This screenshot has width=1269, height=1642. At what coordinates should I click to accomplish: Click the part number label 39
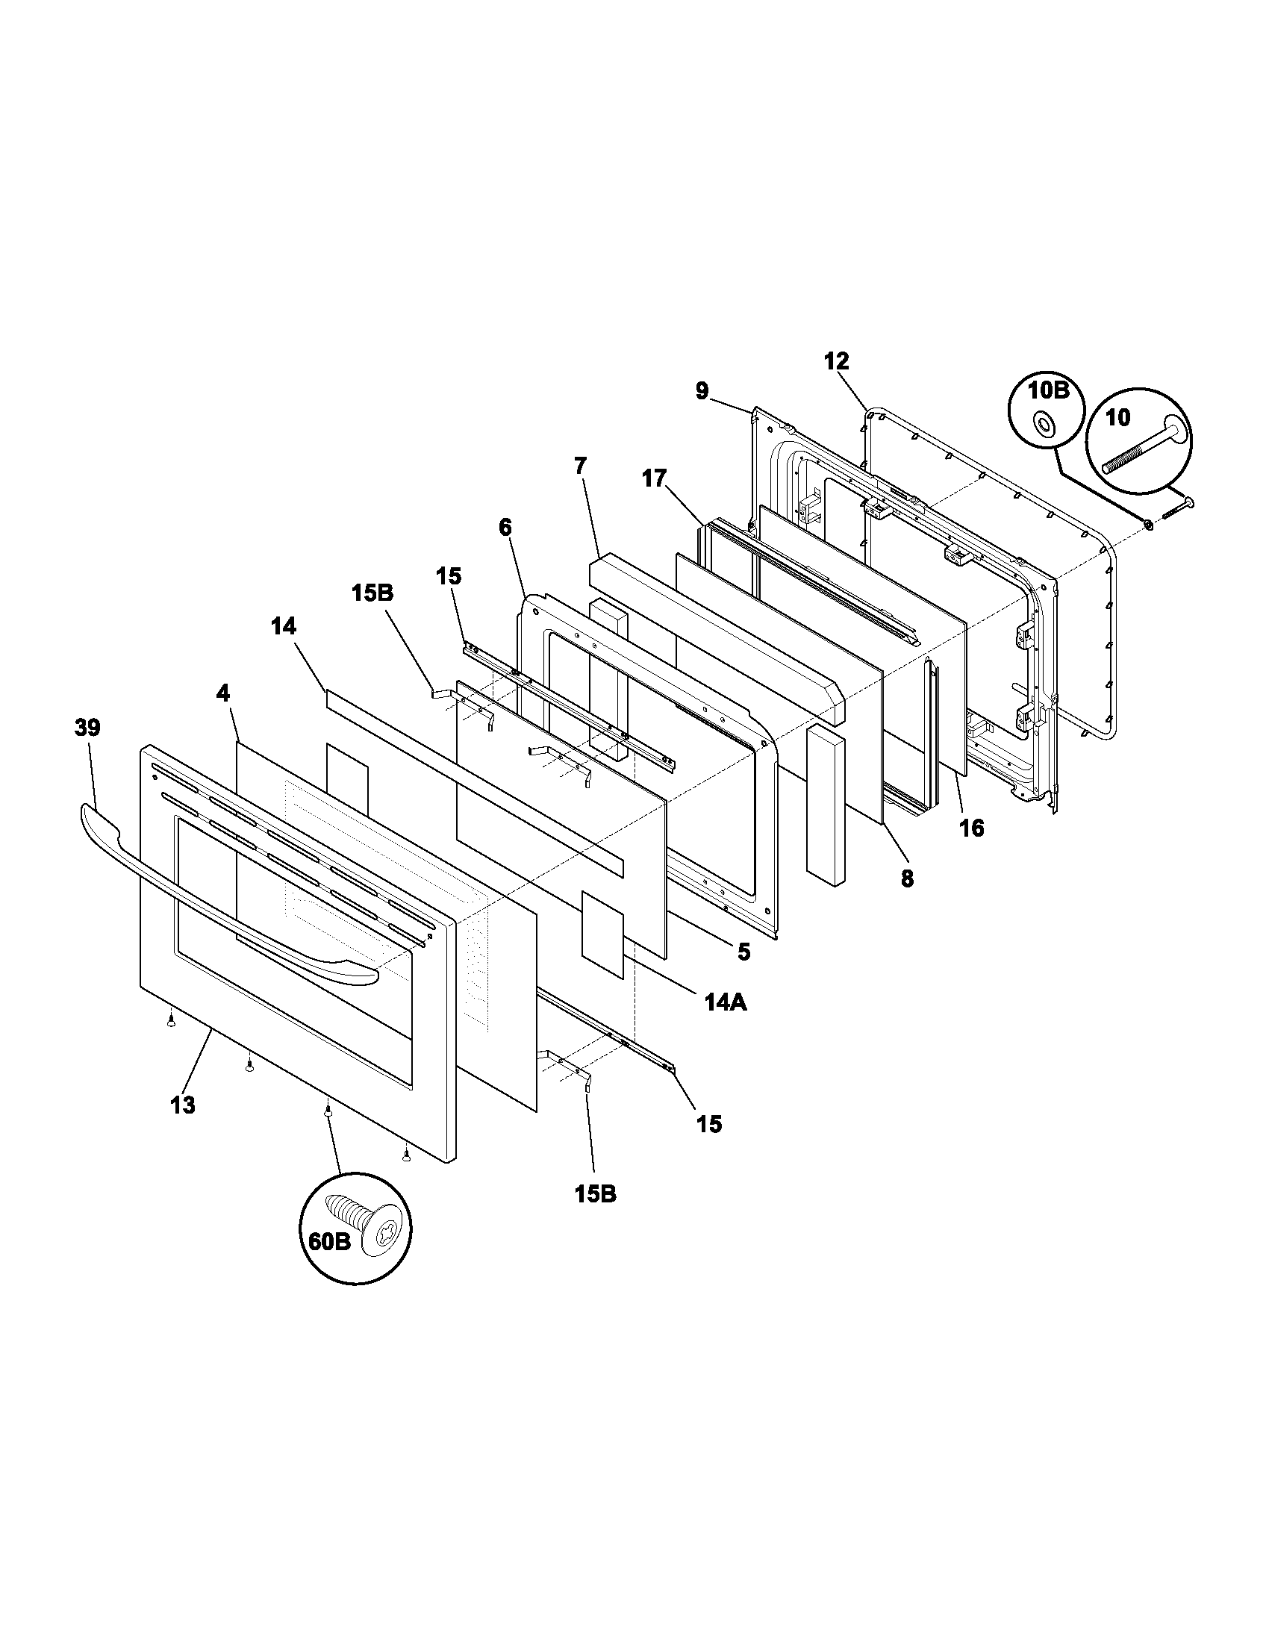click(87, 728)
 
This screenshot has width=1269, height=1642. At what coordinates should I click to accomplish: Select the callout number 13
click(183, 1105)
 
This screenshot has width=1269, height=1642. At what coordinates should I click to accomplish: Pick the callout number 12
click(836, 362)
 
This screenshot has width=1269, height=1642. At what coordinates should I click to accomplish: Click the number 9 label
click(702, 392)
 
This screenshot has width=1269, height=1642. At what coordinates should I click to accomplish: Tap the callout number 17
click(654, 478)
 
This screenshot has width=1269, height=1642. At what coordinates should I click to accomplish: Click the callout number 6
click(505, 528)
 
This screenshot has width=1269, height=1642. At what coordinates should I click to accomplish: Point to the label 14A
click(726, 1002)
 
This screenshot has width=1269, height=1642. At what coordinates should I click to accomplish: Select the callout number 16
click(971, 828)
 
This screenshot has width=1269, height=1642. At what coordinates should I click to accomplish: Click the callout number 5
click(743, 952)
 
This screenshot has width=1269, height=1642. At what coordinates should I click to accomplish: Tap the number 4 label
click(223, 693)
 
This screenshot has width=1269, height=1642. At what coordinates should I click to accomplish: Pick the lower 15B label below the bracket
click(596, 1194)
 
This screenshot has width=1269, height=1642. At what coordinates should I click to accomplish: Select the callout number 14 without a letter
click(284, 626)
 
